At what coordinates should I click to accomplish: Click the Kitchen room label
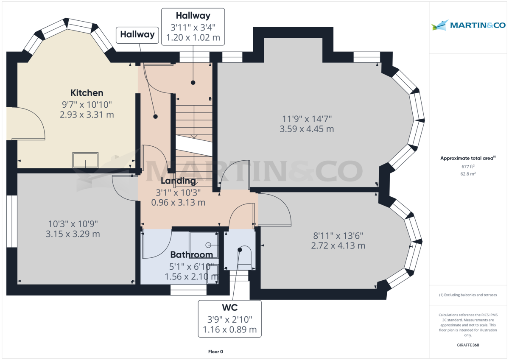point(87,93)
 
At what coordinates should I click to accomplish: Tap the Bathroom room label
point(192,254)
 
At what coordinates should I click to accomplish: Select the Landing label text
point(178,181)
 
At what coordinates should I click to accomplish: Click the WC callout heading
point(230,307)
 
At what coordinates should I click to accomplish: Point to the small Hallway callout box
point(137,35)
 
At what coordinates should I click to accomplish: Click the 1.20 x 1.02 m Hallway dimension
point(193,37)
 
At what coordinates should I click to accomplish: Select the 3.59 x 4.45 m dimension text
point(307,129)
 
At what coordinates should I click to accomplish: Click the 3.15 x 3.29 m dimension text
point(73,234)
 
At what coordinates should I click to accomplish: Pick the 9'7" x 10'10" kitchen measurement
point(87,105)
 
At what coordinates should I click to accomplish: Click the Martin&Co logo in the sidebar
point(468,25)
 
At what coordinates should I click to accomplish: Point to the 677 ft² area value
point(468,167)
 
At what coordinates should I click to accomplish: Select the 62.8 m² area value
point(468,174)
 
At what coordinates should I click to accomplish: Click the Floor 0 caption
point(215,352)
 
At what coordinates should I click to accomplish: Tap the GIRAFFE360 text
point(468,345)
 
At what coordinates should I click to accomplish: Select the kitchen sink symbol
point(85,160)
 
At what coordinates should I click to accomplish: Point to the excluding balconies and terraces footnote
point(468,295)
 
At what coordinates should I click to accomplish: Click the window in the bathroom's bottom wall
point(189,290)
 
